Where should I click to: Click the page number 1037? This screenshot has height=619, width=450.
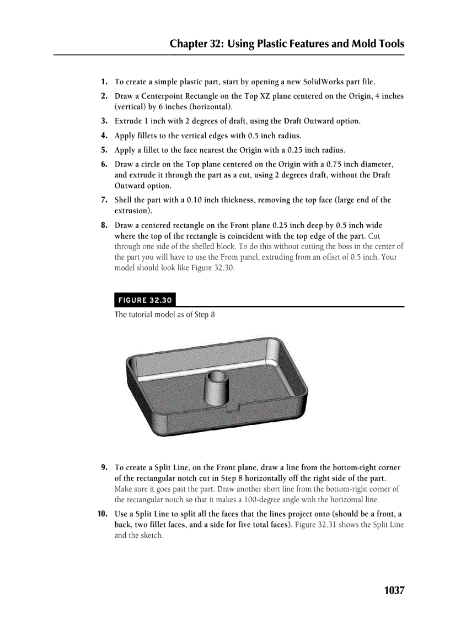[x=394, y=590]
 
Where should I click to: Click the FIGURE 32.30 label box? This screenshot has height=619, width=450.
[x=145, y=300]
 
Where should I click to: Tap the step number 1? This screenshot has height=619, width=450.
[x=104, y=82]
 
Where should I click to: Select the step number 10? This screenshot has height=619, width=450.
[x=102, y=514]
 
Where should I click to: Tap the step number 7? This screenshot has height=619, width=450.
[x=104, y=200]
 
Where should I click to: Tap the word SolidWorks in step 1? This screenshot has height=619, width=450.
[x=324, y=82]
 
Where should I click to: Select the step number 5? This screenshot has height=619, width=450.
[x=104, y=150]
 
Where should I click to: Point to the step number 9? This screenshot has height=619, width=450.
[x=104, y=467]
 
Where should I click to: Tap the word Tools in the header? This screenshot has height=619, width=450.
[x=388, y=44]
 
